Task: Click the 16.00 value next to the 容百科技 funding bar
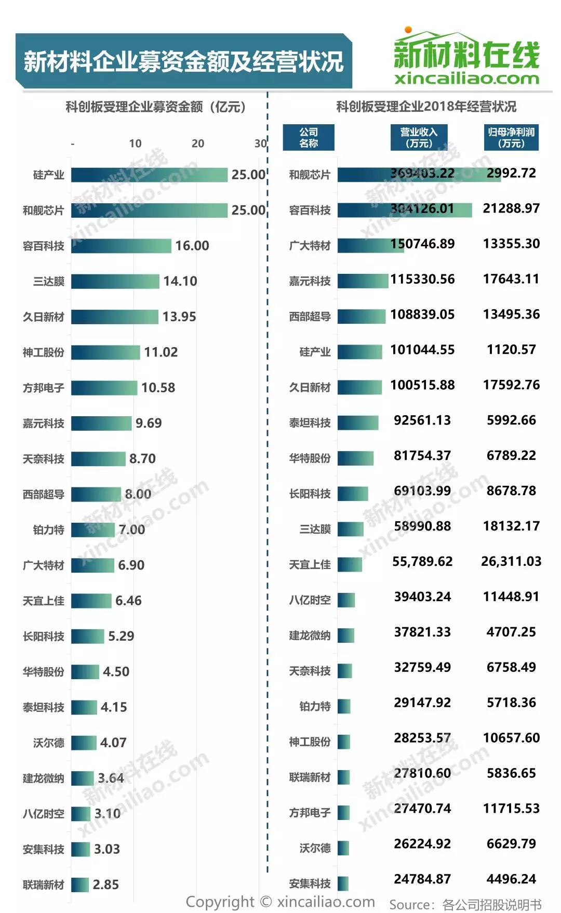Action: click(x=192, y=246)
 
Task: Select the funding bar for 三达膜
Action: click(x=115, y=281)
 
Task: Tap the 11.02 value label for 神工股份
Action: click(x=161, y=352)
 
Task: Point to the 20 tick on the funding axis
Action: click(x=198, y=143)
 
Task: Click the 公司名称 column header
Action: click(x=309, y=138)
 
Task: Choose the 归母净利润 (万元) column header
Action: click(x=511, y=138)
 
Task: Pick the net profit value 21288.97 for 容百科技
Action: click(x=511, y=208)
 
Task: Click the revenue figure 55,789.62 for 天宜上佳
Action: click(x=422, y=561)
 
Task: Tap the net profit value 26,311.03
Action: click(x=511, y=561)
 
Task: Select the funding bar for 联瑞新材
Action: click(x=80, y=884)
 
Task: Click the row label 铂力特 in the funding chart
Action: click(x=49, y=530)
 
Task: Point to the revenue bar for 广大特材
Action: click(x=370, y=245)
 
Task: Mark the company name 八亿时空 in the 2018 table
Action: click(x=310, y=600)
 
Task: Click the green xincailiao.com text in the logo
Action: click(x=466, y=79)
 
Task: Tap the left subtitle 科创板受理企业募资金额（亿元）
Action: click(x=155, y=107)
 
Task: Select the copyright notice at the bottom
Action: click(x=280, y=902)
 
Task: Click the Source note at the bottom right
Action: click(x=465, y=905)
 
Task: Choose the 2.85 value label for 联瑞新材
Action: click(x=105, y=884)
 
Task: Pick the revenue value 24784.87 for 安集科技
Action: click(x=422, y=879)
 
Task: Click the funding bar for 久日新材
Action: click(x=115, y=316)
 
